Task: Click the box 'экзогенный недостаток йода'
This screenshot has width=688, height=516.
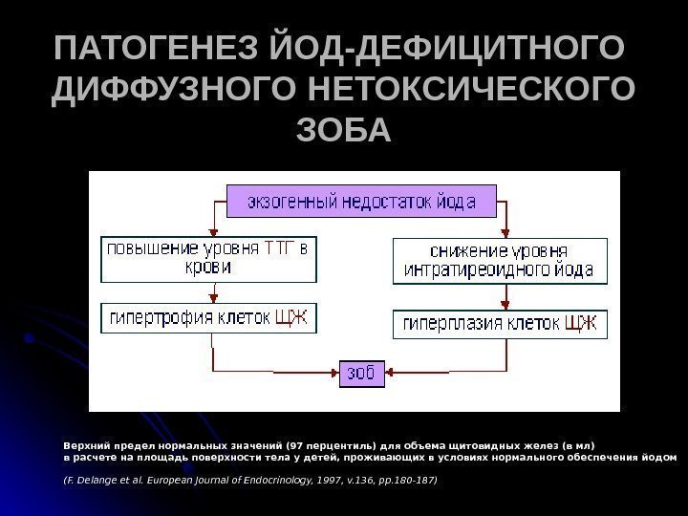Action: pos(364,203)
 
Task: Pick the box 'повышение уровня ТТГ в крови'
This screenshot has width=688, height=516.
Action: pos(208,259)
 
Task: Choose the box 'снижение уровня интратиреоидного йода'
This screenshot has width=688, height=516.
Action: pos(500,261)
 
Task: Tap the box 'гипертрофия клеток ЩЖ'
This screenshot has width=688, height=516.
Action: pos(208,317)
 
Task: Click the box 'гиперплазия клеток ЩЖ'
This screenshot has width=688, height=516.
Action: pos(500,323)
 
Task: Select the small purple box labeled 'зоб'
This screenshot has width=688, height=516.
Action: pos(364,372)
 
